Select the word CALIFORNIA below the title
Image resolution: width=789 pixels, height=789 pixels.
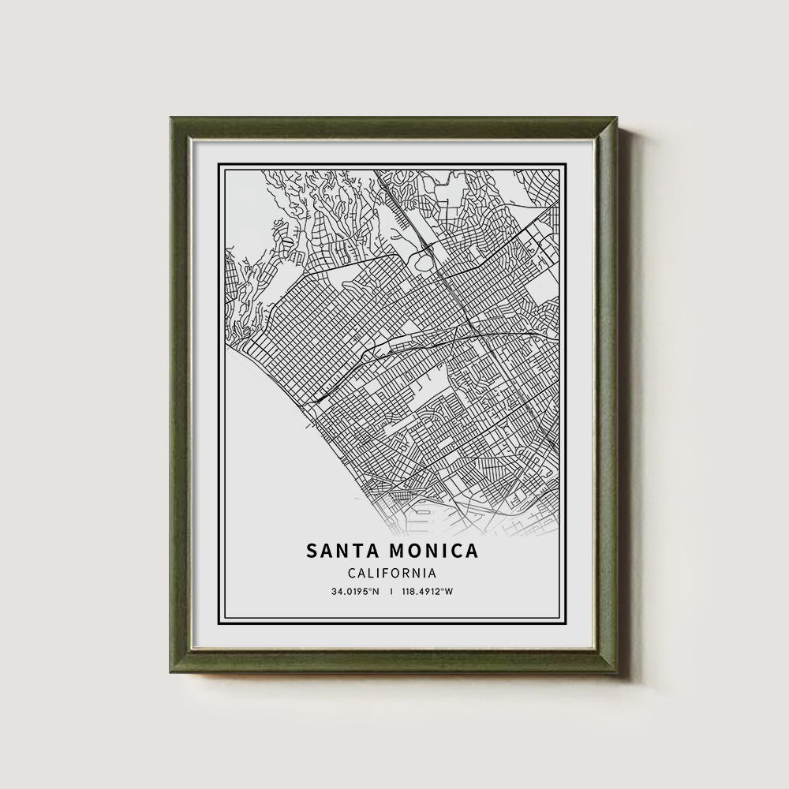(391, 574)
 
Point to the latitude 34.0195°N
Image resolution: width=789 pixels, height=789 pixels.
(355, 592)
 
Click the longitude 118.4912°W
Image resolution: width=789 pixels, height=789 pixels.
(426, 592)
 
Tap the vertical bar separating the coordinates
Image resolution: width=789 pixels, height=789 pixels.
(391, 592)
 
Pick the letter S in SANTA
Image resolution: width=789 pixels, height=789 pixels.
(312, 550)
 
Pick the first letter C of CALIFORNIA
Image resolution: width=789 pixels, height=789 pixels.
(351, 574)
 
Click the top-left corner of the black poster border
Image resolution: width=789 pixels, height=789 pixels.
(219, 163)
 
